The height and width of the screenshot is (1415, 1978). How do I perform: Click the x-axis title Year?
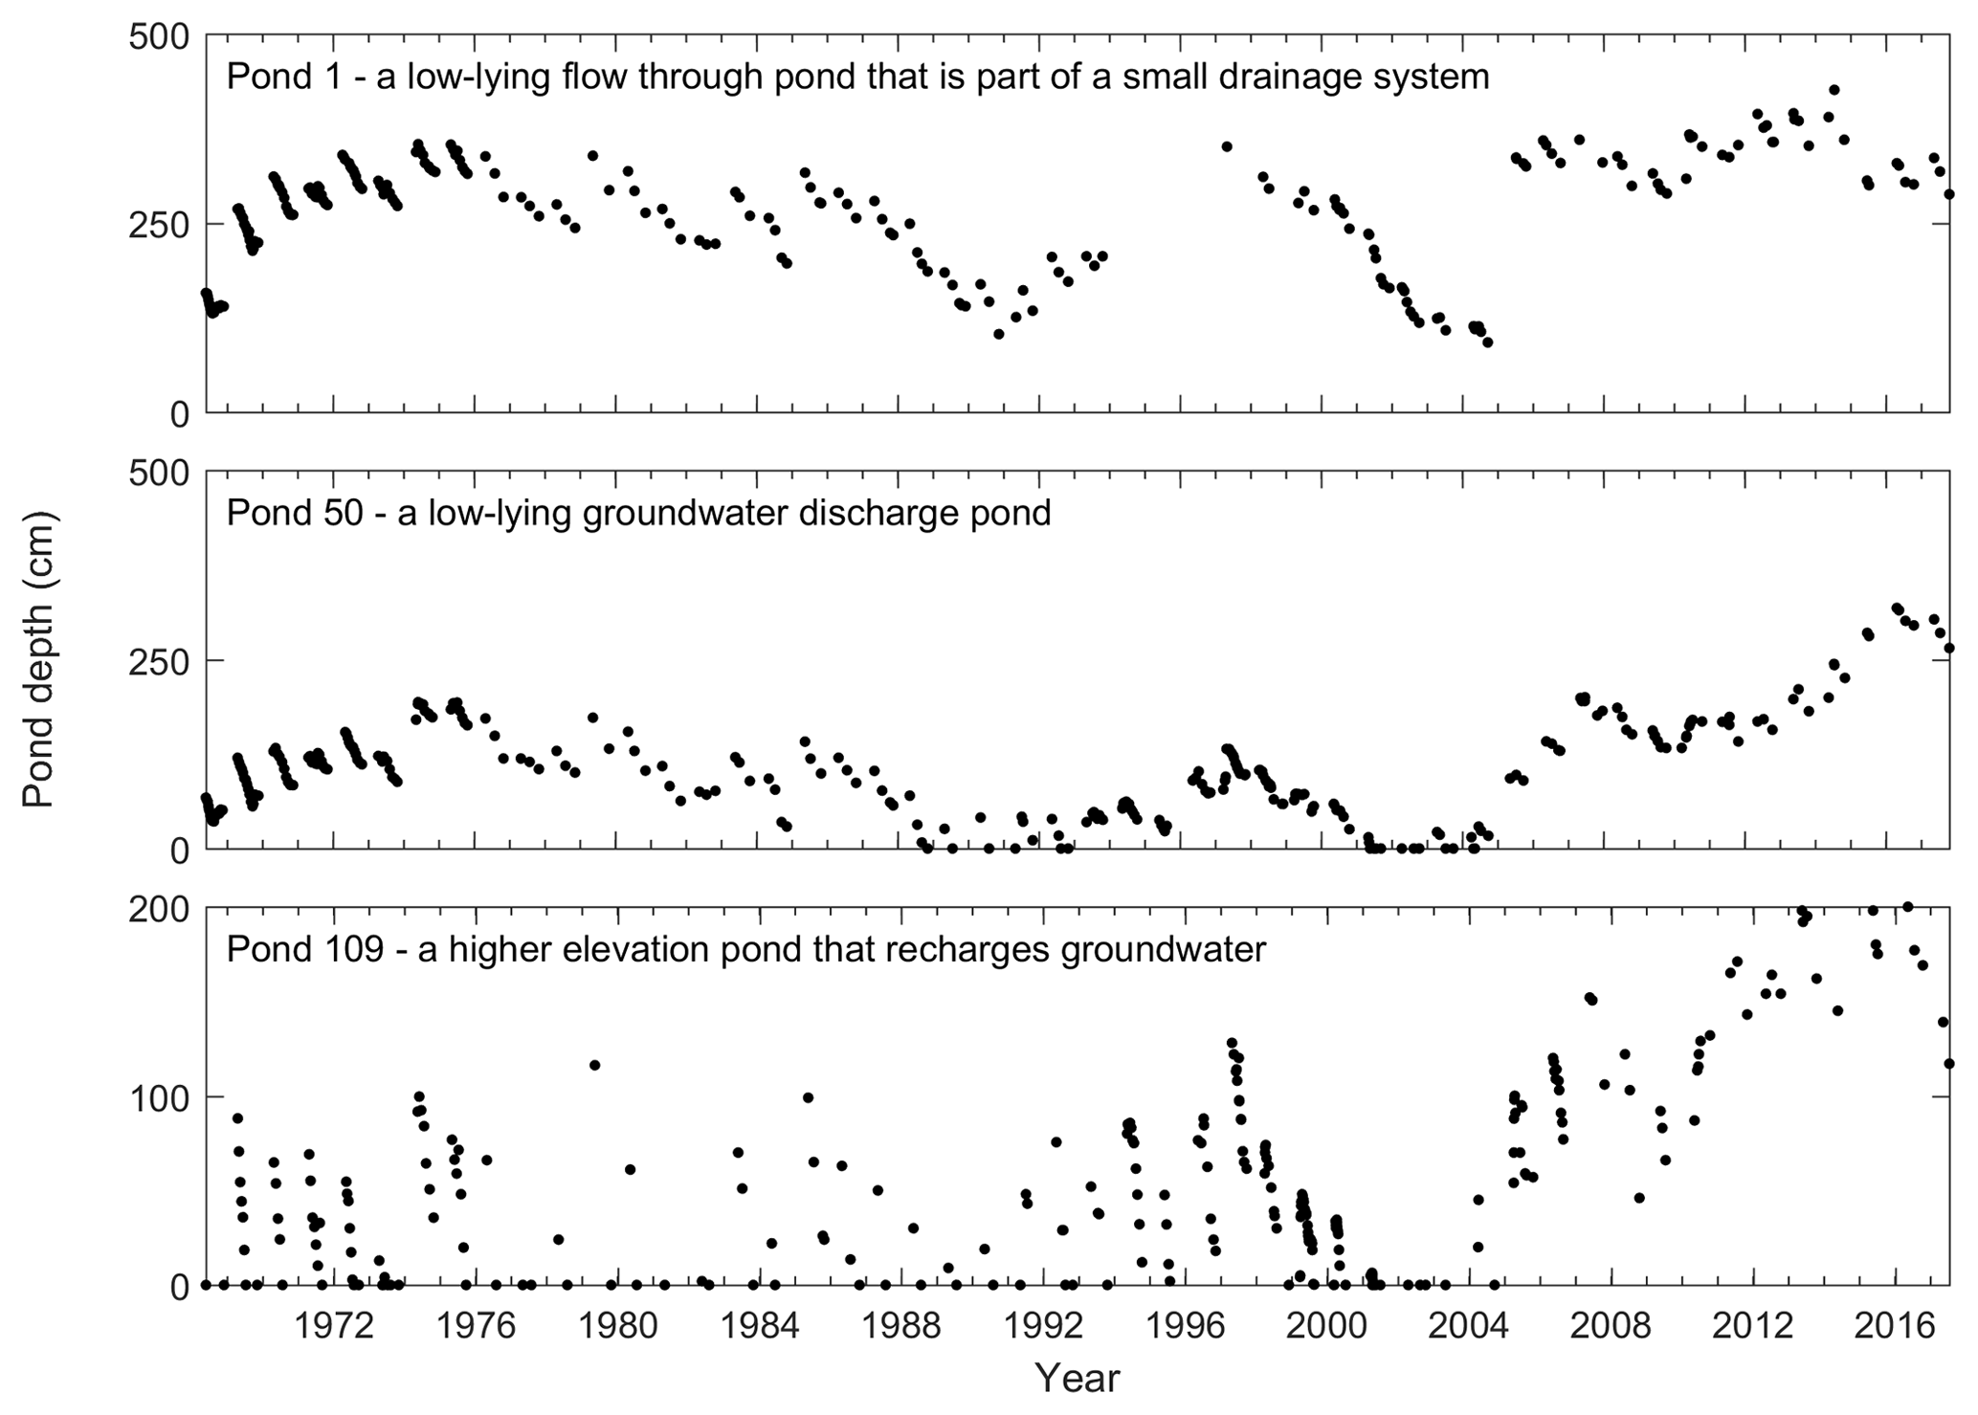point(1078,1379)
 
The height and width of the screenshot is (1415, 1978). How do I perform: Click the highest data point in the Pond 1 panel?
point(1834,90)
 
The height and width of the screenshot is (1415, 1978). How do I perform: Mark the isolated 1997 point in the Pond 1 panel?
point(1227,146)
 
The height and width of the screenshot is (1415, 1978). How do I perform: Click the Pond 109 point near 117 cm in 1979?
point(594,1065)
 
